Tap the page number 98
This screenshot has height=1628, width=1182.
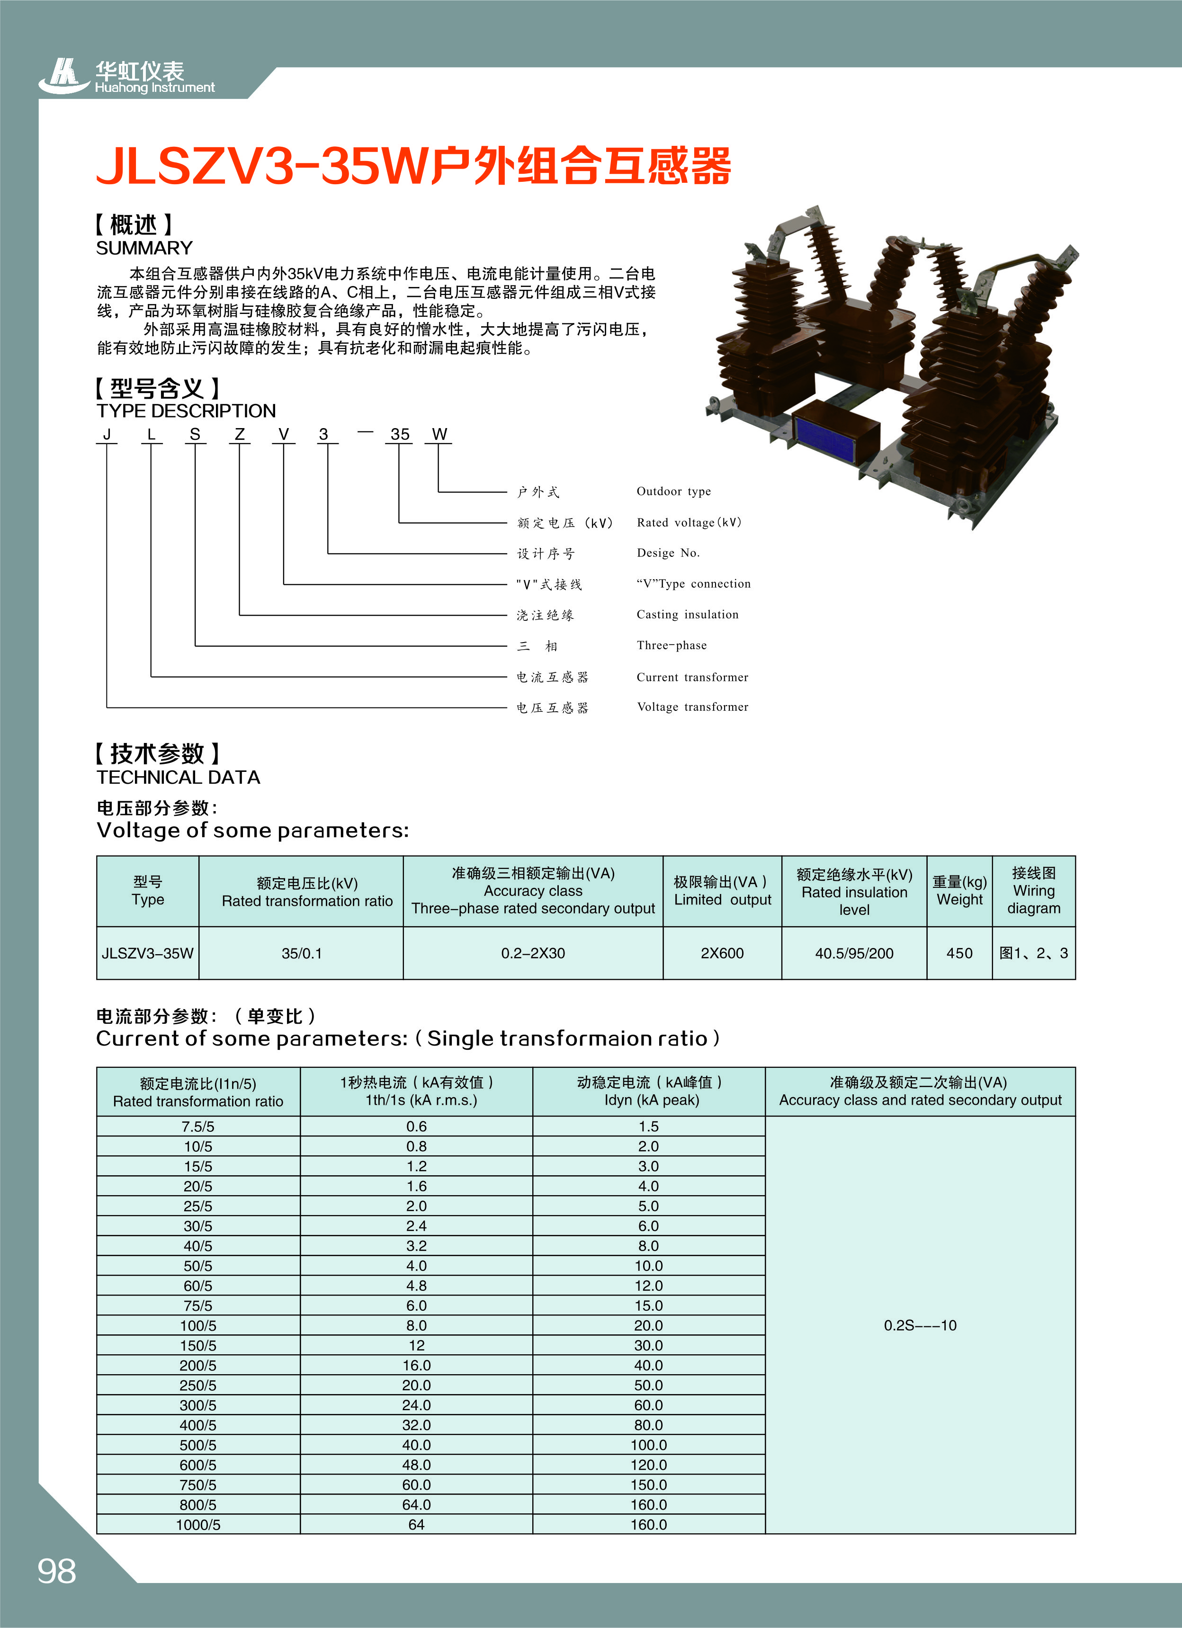[x=57, y=1571]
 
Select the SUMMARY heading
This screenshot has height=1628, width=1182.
[x=144, y=248]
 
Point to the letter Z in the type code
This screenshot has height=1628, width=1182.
[x=240, y=434]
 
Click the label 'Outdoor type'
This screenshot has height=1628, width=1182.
[x=673, y=492]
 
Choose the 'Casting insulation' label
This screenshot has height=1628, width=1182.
[x=687, y=615]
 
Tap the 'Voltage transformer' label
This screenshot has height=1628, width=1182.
[x=692, y=707]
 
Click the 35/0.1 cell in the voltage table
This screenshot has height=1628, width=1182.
[x=302, y=953]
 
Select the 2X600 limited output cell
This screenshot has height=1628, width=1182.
[x=722, y=953]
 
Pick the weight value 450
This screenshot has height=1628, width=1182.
[x=959, y=953]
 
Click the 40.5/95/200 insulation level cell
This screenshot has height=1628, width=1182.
[x=854, y=953]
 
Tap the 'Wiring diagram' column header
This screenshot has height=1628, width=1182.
[x=1033, y=891]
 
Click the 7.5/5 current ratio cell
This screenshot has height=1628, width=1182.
[x=198, y=1126]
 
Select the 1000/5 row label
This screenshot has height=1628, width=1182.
[x=198, y=1525]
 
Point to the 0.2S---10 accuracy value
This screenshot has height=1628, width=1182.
[x=920, y=1325]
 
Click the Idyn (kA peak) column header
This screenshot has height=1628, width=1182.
[x=649, y=1092]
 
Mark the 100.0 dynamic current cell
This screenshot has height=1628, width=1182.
[x=649, y=1445]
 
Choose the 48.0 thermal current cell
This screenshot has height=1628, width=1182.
[x=416, y=1465]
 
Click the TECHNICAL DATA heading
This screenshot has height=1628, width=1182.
[x=178, y=778]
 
